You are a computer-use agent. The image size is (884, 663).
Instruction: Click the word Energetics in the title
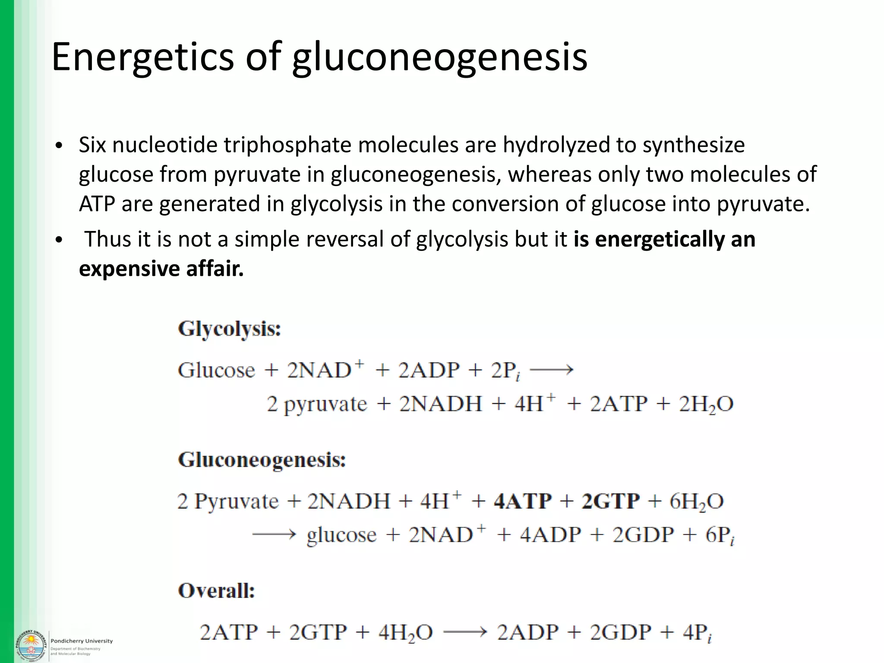[x=142, y=57]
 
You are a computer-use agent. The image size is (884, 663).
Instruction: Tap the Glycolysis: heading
[x=229, y=329]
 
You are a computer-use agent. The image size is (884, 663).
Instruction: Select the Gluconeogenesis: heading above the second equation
[x=262, y=461]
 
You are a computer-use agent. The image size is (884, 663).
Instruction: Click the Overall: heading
[x=216, y=591]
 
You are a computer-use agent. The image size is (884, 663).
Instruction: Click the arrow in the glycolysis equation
[x=551, y=370]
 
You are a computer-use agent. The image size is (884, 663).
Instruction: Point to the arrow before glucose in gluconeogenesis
[x=274, y=535]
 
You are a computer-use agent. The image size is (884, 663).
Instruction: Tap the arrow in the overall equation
[x=465, y=633]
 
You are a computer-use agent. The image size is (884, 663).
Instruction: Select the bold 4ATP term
[x=523, y=502]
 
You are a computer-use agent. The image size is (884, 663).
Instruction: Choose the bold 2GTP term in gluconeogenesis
[x=610, y=502]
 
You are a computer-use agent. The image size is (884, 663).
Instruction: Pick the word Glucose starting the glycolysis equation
[x=216, y=370]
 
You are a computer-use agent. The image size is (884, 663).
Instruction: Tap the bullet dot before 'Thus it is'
[x=59, y=240]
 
